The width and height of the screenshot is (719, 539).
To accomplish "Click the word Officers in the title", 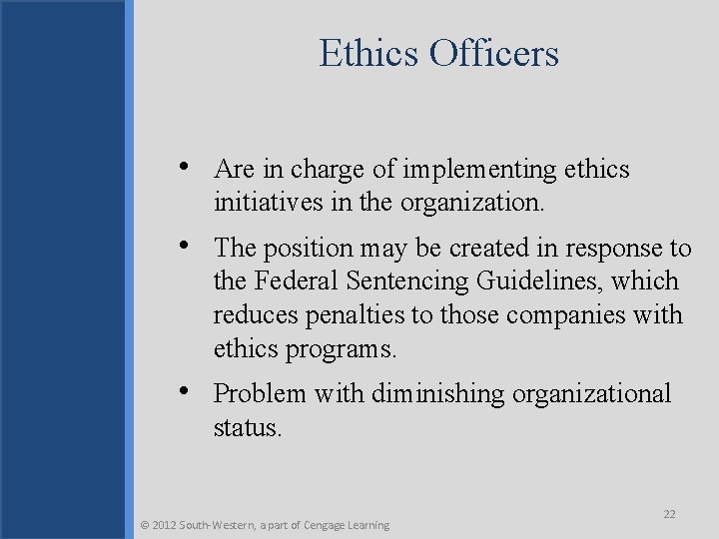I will click(x=494, y=53).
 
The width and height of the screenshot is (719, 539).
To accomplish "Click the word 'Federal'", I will click(x=297, y=282).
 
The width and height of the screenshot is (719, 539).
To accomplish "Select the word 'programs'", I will click(x=344, y=350).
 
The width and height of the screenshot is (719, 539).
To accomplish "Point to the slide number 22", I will click(x=669, y=513).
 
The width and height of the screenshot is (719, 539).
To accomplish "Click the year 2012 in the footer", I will click(x=165, y=525).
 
